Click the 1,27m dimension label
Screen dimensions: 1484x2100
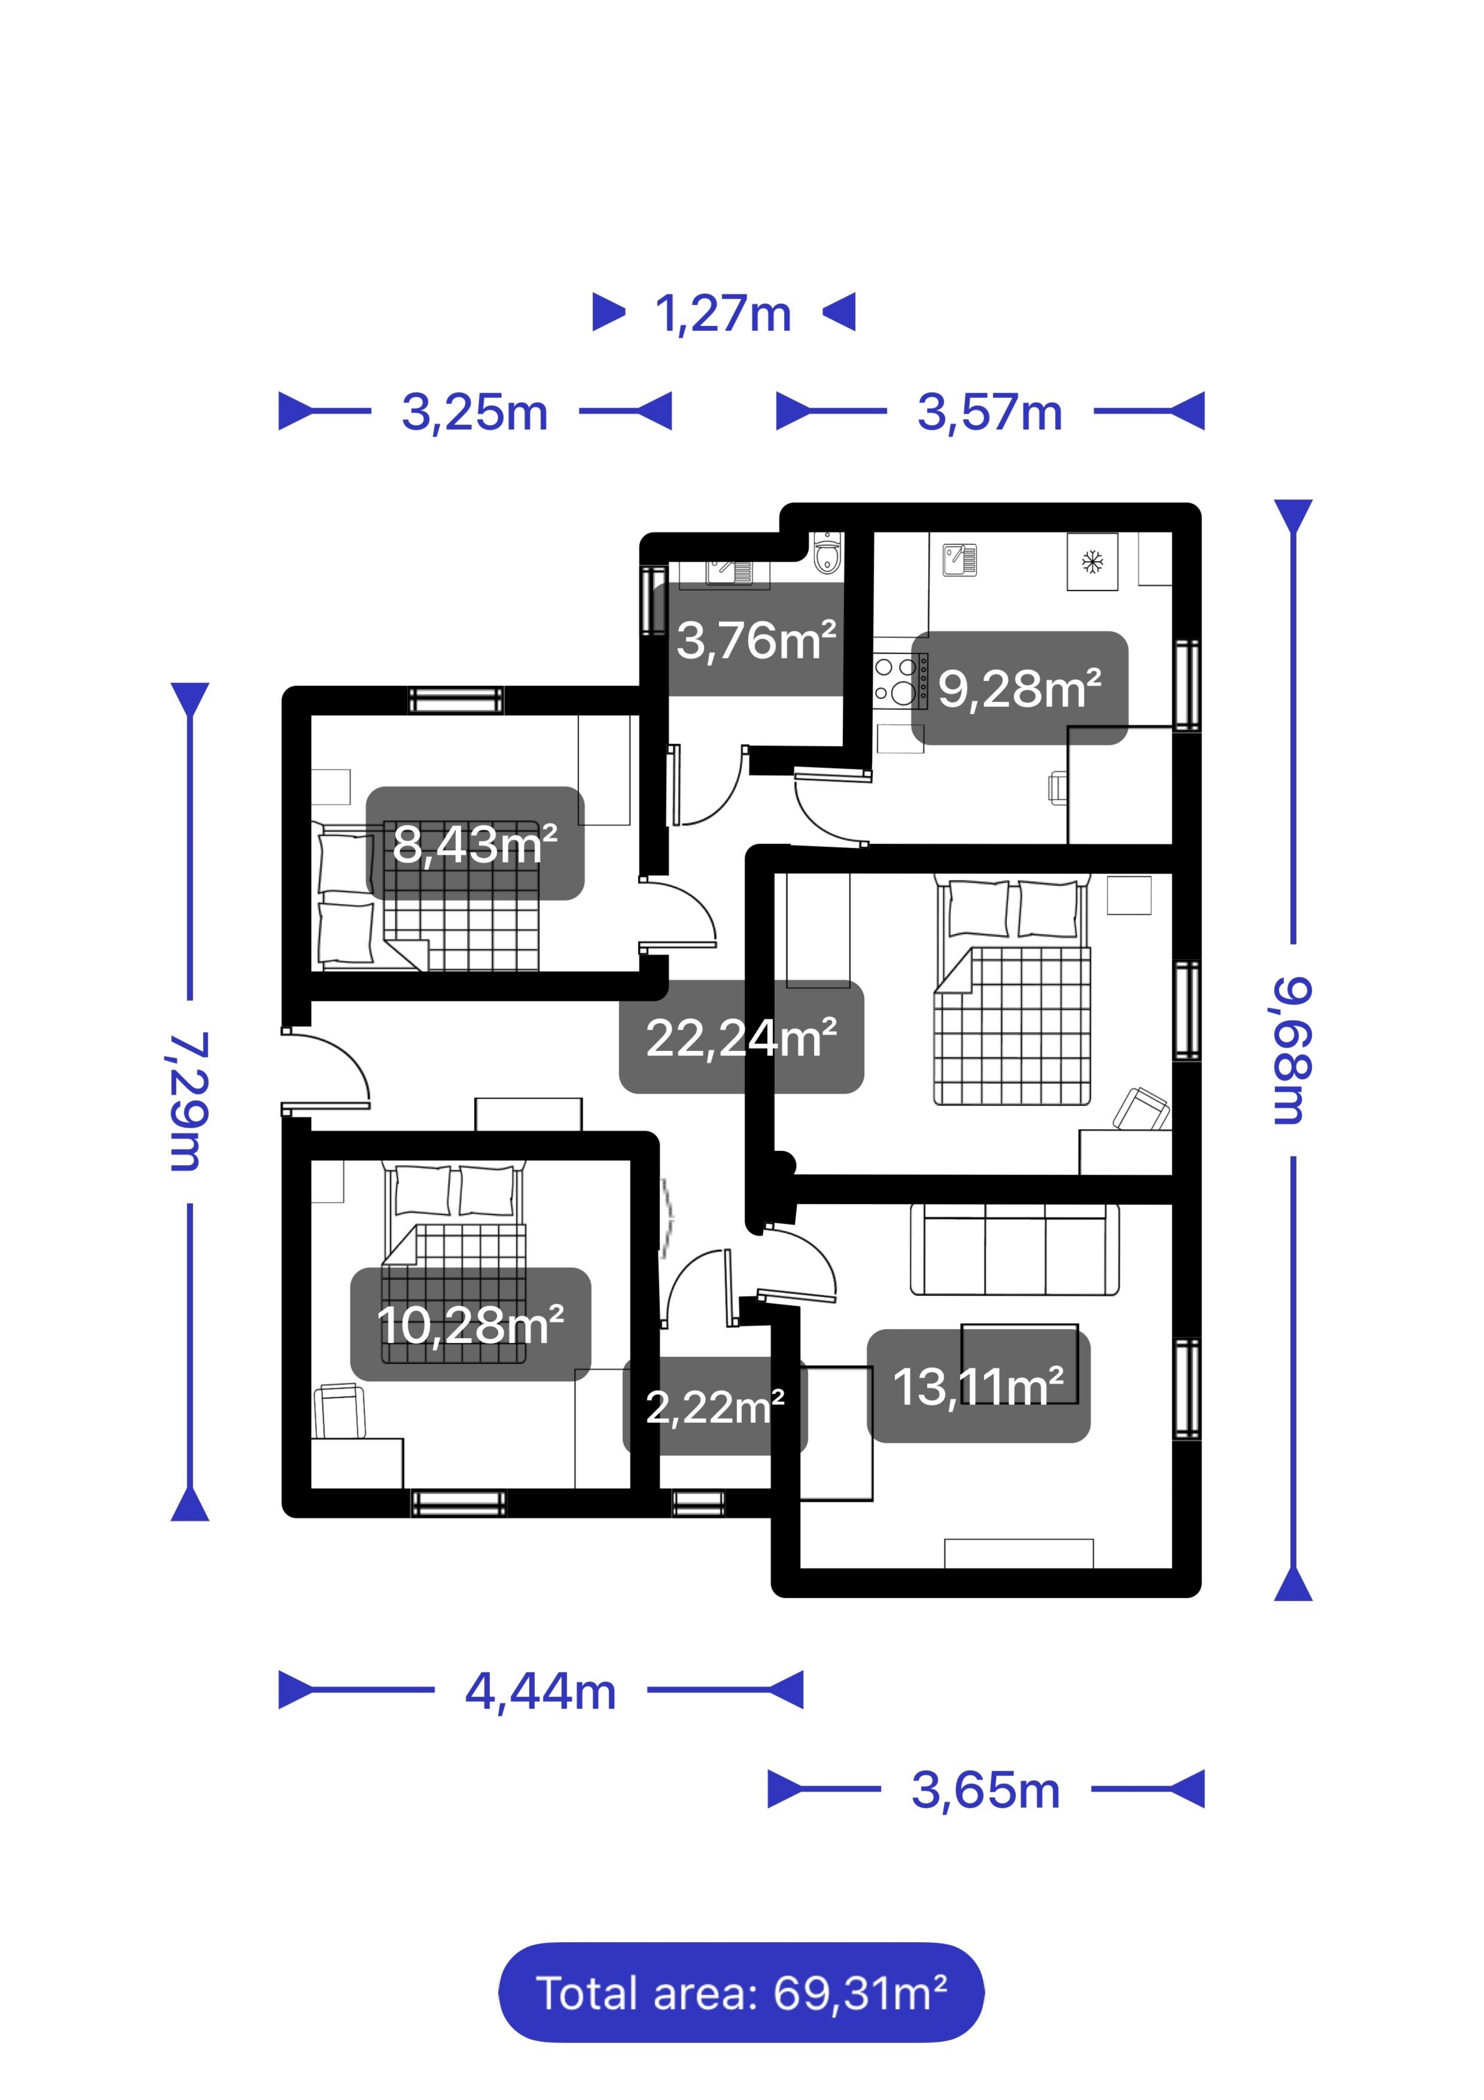point(722,314)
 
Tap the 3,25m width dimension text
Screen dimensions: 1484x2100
point(474,413)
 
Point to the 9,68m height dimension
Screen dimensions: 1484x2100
point(1292,1050)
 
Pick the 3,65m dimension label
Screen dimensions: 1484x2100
point(986,1790)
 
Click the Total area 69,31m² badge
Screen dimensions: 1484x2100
point(741,1993)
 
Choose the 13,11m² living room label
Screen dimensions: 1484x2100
point(978,1387)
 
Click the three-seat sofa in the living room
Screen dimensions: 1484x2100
point(1014,1249)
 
